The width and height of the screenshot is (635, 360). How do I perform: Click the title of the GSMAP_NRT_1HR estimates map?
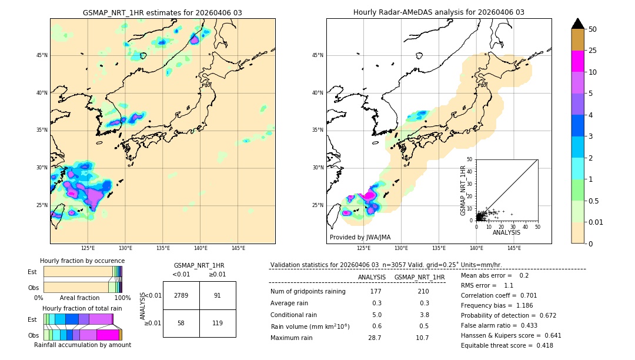pos(162,13)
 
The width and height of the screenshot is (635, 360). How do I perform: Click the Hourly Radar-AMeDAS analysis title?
pos(439,12)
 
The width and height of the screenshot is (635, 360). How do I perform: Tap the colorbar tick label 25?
pos(593,51)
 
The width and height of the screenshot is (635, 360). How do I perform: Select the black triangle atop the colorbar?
pos(578,24)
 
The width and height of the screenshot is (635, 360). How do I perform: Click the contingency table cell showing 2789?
pos(181,295)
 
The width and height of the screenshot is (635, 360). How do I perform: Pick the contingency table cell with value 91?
pos(218,295)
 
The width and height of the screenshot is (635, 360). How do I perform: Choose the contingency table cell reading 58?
pos(181,323)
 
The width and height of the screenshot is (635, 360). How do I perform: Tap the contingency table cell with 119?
pos(218,323)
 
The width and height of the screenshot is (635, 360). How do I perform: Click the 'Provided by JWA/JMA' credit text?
pos(360,238)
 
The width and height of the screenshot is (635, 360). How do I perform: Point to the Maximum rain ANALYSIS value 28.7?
pos(375,338)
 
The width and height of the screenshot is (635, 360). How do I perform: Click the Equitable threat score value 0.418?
pos(540,345)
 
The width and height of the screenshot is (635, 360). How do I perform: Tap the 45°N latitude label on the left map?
pos(42,55)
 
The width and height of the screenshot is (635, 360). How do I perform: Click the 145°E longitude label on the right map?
pos(514,248)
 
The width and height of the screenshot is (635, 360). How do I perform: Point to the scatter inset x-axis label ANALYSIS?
pos(506,232)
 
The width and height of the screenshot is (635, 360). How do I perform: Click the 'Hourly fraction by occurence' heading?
pos(82,261)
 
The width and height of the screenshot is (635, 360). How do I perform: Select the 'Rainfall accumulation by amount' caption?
pos(82,345)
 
